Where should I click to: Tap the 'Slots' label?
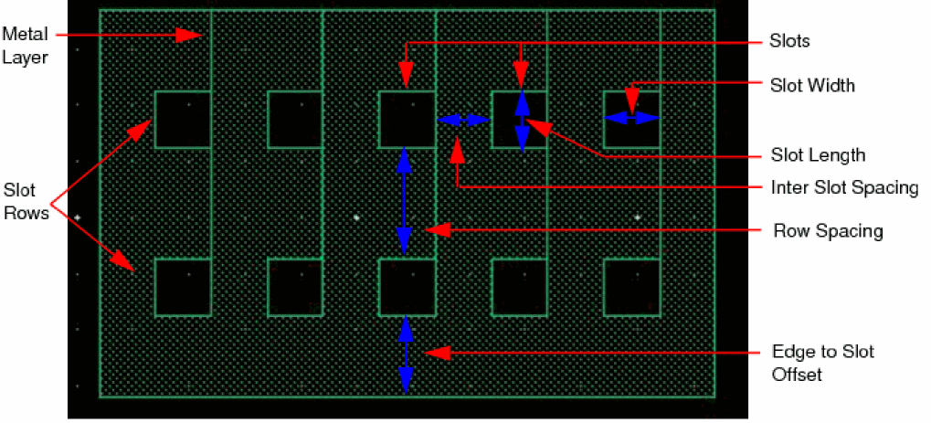(x=789, y=41)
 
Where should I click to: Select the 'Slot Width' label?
(x=811, y=86)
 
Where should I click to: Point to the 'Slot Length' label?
(x=817, y=155)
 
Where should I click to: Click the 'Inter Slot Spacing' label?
(x=843, y=187)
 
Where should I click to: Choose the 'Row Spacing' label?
(x=828, y=230)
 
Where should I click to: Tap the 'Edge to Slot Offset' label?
(x=823, y=363)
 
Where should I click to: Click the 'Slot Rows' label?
(x=26, y=202)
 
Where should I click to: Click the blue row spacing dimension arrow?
(x=405, y=201)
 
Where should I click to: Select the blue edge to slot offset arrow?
(x=406, y=354)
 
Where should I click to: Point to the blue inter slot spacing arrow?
(x=463, y=120)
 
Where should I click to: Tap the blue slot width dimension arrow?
(x=631, y=118)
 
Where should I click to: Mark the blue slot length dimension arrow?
(x=522, y=122)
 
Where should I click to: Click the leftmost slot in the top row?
(x=183, y=120)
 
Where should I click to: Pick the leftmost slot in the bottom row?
(x=183, y=287)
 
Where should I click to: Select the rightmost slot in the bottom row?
(x=632, y=287)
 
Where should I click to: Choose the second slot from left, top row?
(x=295, y=120)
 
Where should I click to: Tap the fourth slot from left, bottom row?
(x=520, y=287)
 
